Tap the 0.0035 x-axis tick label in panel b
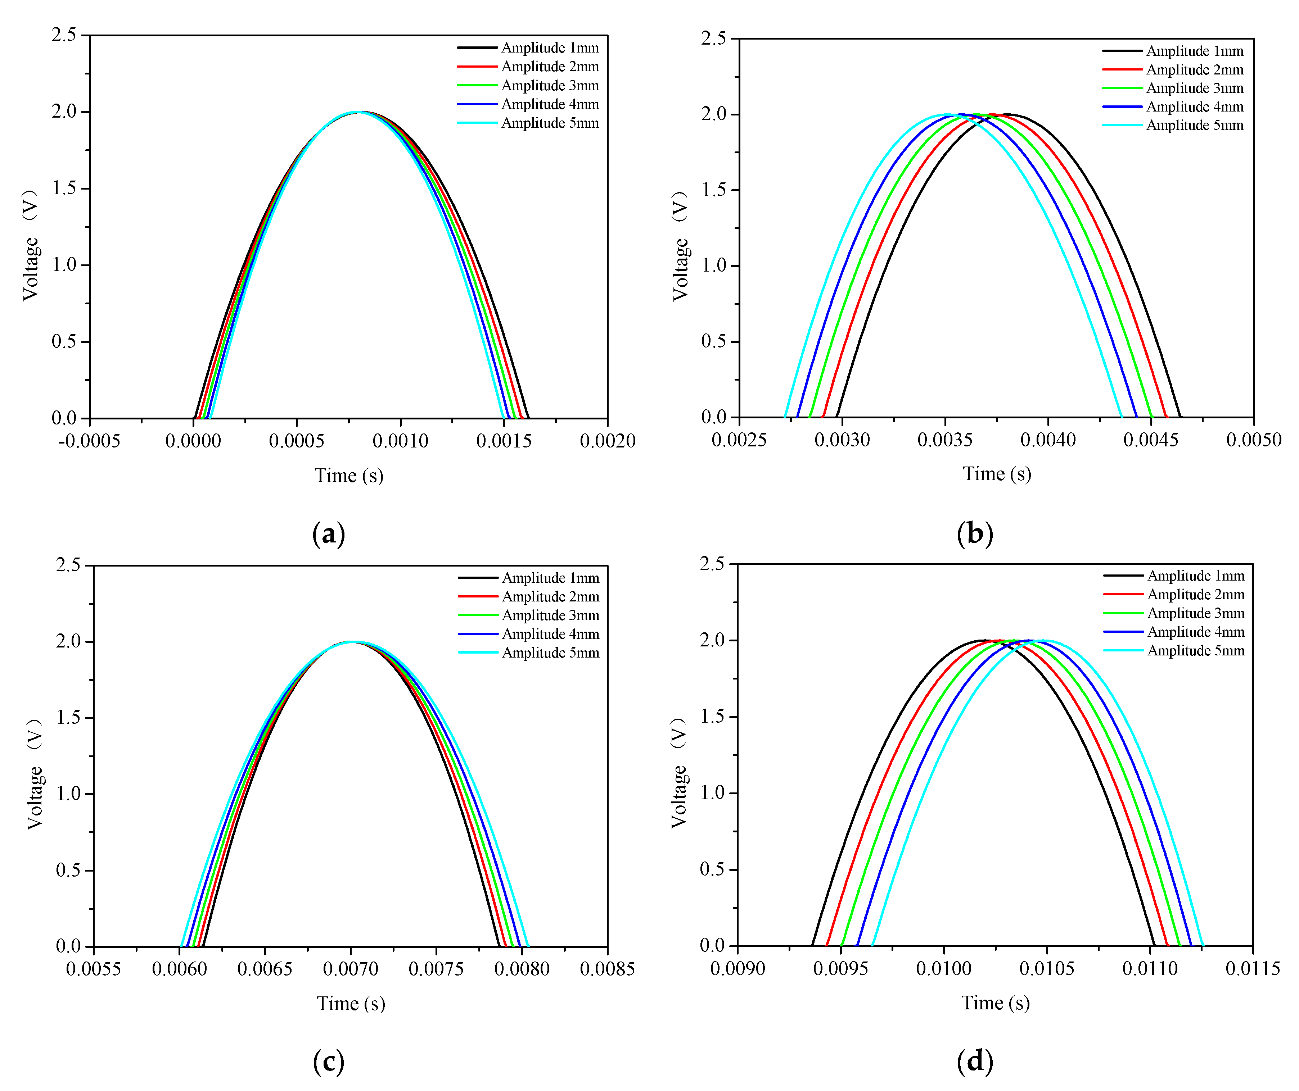coord(945,440)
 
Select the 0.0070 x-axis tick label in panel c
coord(350,969)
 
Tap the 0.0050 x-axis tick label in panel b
coord(1253,440)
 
